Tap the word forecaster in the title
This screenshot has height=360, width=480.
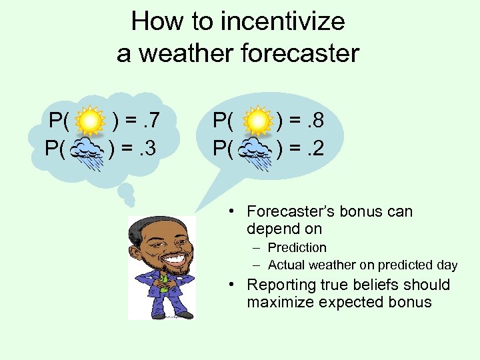click(299, 53)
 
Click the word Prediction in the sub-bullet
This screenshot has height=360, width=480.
click(297, 248)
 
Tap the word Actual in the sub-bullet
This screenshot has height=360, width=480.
click(286, 265)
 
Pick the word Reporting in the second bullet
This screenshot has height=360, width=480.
click(281, 285)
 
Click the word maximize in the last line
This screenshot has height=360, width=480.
click(281, 303)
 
